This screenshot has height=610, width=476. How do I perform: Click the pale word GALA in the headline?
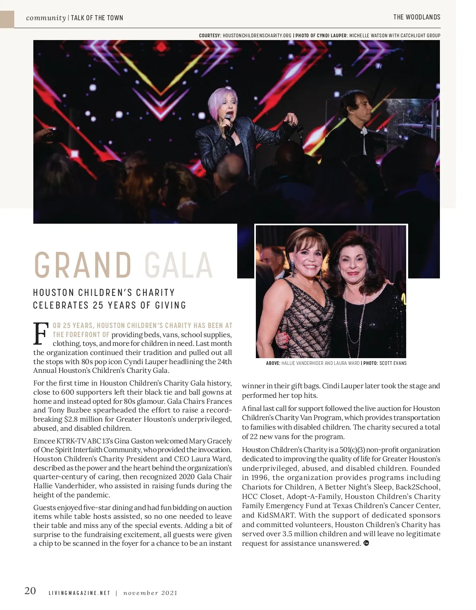(178, 265)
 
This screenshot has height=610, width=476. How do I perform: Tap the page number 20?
(30, 591)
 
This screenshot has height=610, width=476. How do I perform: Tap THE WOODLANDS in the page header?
(416, 17)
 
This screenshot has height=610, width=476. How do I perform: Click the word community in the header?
(46, 18)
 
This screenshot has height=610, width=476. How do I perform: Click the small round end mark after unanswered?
(366, 543)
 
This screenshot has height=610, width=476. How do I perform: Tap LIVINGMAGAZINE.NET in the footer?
(79, 593)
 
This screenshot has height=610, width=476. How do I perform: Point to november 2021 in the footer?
(150, 593)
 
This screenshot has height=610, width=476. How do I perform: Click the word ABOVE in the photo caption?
(273, 363)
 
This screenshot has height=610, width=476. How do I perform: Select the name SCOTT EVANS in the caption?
(393, 363)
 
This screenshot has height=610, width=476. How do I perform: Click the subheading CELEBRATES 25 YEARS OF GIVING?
(109, 305)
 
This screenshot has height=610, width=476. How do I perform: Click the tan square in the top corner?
(7, 19)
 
